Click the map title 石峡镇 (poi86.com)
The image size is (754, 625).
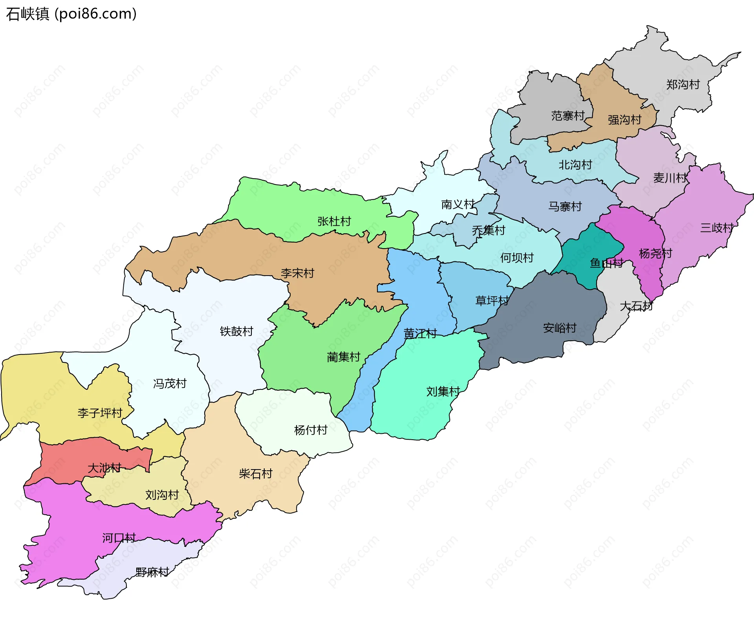point(71,14)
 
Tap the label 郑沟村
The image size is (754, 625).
point(683,84)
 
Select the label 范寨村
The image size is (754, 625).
point(568,116)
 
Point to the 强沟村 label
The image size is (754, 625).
point(624,120)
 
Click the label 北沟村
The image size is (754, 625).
point(575,165)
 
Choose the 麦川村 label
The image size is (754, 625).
point(670,178)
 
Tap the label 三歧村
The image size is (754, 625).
point(717,228)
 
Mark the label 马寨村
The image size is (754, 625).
point(565,207)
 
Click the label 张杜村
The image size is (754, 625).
point(334,221)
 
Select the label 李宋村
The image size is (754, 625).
point(297,273)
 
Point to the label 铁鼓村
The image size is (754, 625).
point(236,331)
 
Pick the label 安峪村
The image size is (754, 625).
point(559,328)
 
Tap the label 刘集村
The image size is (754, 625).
point(443,391)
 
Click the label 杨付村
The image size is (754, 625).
point(311,430)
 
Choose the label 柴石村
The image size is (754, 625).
point(255,474)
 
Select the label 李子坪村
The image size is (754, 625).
point(100,413)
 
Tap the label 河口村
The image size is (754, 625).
point(119,538)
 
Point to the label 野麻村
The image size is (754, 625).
point(152,572)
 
